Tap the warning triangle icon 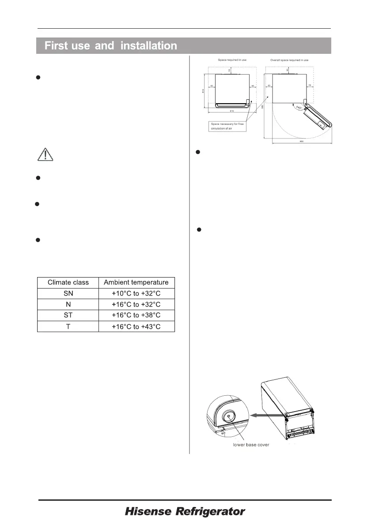pyautogui.click(x=45, y=154)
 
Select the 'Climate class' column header pyautogui.click(x=68, y=282)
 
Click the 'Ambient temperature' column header pyautogui.click(x=136, y=282)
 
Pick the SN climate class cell pyautogui.click(x=68, y=293)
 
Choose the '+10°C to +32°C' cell pyautogui.click(x=136, y=293)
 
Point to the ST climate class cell pyautogui.click(x=68, y=315)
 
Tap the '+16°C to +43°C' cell pyautogui.click(x=136, y=326)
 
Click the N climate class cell pyautogui.click(x=68, y=304)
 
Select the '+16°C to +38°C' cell pyautogui.click(x=136, y=315)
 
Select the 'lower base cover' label pyautogui.click(x=251, y=445)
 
